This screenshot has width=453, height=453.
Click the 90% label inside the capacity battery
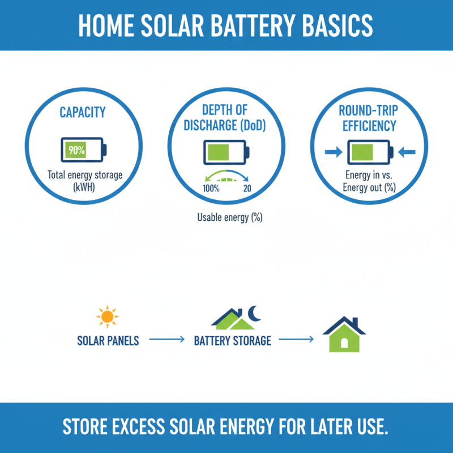click(76, 150)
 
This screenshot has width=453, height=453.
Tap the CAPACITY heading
click(83, 113)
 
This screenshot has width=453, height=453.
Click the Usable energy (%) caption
click(229, 217)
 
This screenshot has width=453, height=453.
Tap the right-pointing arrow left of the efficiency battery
click(332, 152)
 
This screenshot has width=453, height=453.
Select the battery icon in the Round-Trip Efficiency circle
click(369, 152)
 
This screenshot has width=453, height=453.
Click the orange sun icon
click(106, 316)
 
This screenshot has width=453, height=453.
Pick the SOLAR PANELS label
click(108, 341)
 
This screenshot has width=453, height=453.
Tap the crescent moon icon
click(254, 313)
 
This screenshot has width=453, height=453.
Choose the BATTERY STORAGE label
click(232, 341)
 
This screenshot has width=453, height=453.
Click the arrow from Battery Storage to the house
click(296, 340)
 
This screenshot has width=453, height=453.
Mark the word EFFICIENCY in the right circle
click(370, 125)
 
